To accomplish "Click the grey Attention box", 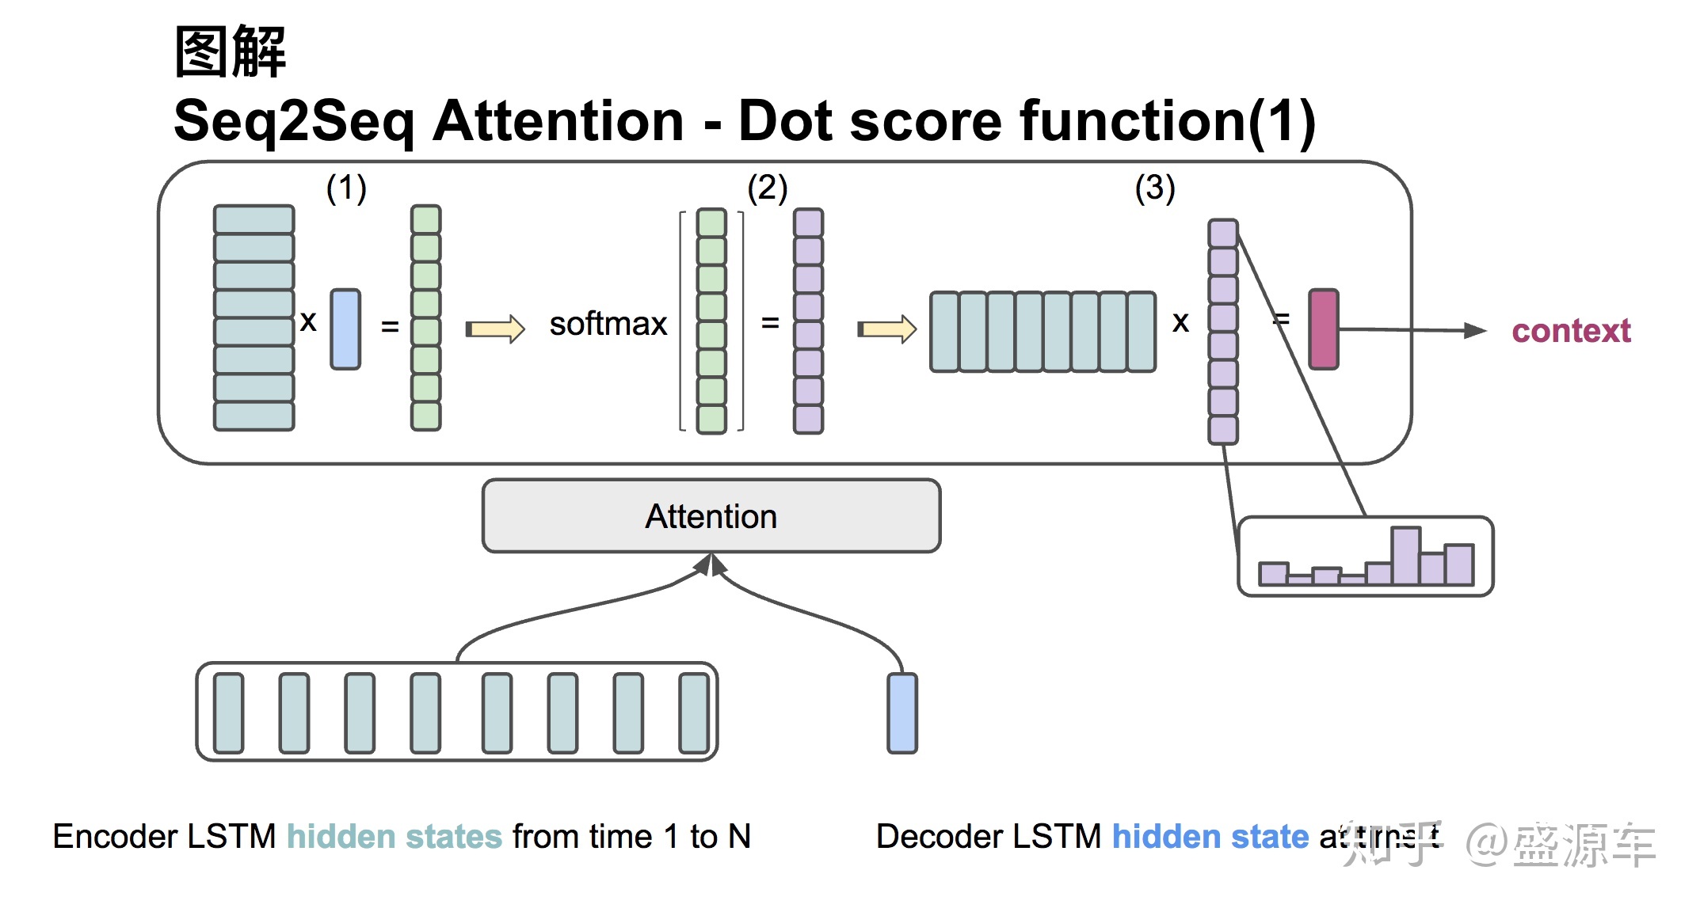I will [x=711, y=516].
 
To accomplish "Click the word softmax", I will [x=608, y=324].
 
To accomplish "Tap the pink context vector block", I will [x=1323, y=329].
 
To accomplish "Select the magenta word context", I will [x=1571, y=331].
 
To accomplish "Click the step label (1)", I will [x=346, y=188].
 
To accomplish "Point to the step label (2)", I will [x=767, y=188].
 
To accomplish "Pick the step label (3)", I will [x=1154, y=188].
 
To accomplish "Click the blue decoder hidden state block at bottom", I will [x=901, y=712].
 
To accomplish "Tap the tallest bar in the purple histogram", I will [x=1405, y=555].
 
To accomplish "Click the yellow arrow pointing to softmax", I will [x=495, y=329].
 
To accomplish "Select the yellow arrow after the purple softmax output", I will [x=887, y=329].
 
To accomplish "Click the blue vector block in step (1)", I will [x=345, y=329].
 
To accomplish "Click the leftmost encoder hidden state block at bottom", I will [x=229, y=712].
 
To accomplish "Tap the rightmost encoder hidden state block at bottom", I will [x=695, y=712].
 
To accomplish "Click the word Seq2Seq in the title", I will [x=293, y=121].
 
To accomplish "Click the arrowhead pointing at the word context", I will [x=1474, y=331].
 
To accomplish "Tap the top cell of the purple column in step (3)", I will [x=1222, y=234].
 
